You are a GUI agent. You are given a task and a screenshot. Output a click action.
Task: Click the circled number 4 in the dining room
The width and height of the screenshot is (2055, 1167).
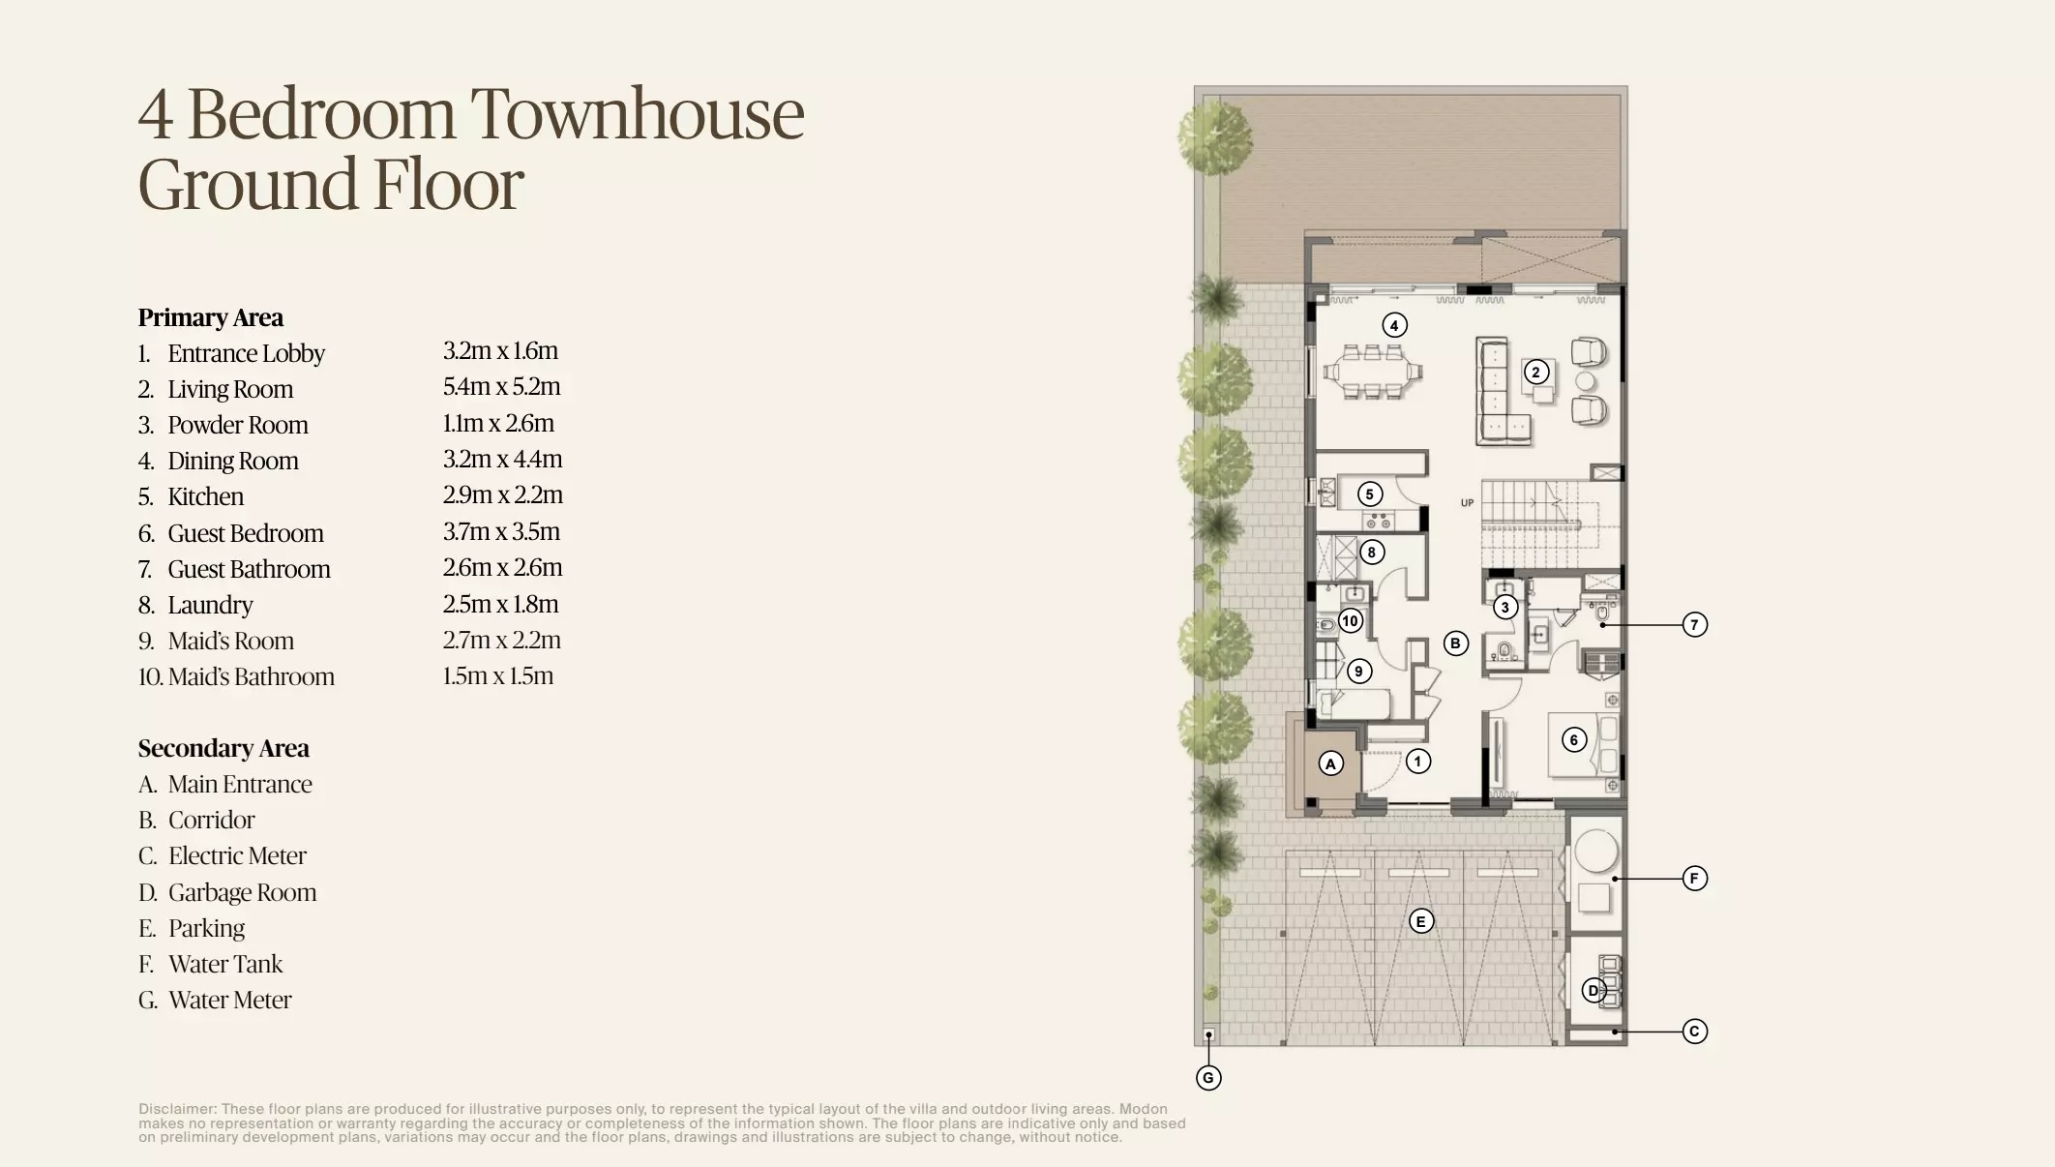click(1394, 325)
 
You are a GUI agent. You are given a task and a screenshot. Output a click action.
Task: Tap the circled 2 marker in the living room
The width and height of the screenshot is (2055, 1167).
click(1535, 372)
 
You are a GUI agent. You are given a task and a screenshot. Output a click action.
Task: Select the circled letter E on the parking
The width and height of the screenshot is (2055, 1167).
click(1420, 921)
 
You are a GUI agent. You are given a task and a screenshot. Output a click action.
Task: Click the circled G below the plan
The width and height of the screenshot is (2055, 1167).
click(1208, 1078)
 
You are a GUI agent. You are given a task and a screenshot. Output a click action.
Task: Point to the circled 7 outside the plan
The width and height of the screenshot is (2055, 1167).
click(1694, 625)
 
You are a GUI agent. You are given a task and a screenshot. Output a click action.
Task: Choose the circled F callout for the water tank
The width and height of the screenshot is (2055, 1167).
click(1694, 879)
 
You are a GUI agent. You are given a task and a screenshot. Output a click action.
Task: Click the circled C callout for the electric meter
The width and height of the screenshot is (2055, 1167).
click(1694, 1032)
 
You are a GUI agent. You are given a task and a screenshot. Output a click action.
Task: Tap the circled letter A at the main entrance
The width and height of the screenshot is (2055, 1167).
click(1330, 763)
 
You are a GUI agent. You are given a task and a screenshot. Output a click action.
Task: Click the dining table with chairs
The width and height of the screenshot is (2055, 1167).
click(1373, 372)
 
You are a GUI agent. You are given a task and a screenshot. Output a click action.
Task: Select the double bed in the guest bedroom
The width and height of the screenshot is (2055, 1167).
click(1583, 744)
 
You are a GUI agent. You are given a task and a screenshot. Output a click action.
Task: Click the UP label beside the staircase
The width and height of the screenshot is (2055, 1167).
click(1467, 503)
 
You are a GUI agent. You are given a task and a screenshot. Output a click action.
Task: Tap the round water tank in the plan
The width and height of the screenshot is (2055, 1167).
click(1595, 853)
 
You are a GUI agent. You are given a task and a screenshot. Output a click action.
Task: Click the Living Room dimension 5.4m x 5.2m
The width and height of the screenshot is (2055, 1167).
click(501, 387)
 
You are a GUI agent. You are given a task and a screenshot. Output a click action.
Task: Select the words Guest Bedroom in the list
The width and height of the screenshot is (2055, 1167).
click(246, 533)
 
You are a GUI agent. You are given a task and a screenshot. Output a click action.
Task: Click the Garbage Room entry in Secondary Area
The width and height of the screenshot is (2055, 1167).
click(242, 892)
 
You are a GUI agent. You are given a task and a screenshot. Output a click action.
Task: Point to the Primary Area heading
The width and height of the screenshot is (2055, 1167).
click(210, 317)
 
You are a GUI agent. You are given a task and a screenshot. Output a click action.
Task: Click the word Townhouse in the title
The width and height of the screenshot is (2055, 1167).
click(637, 114)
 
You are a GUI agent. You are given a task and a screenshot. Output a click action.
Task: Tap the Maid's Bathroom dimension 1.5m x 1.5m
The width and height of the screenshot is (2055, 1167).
click(497, 675)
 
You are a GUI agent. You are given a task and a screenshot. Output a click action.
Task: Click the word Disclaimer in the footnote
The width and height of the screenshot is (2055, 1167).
click(177, 1109)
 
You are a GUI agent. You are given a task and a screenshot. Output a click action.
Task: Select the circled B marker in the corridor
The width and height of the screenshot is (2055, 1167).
click(1455, 643)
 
